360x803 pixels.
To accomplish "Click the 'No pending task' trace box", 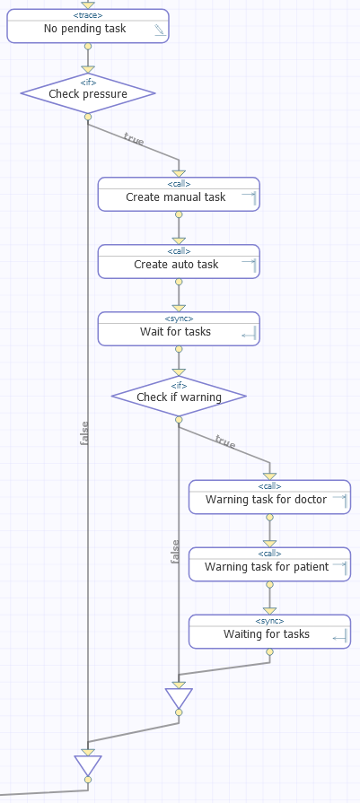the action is pos(88,26).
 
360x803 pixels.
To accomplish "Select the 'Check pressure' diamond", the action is pos(88,93).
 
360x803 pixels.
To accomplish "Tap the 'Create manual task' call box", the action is pos(179,194).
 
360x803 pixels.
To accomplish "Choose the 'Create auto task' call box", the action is pos(179,261).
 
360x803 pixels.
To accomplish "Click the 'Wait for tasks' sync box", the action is pos(179,328).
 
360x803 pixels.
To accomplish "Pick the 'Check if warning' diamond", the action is pos(179,397).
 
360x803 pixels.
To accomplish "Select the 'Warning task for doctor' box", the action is pos(269,497).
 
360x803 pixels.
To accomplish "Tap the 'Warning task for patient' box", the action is pos(269,564).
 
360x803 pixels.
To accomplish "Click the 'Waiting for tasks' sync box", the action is pos(269,632).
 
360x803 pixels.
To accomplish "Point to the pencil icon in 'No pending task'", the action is pos(161,31).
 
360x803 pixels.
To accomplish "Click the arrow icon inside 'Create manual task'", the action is pos(249,196).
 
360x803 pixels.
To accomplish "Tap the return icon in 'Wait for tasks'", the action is pos(249,335).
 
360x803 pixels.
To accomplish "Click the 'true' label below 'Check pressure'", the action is pos(133,139).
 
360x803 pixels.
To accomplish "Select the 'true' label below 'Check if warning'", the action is pos(224,441).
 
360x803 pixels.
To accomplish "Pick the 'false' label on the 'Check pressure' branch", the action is pos(84,432).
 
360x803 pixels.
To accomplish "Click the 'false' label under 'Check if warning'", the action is pos(175,552).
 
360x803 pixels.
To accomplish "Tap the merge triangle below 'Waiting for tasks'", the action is pos(179,698).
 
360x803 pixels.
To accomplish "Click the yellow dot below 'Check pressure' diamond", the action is pos(88,117).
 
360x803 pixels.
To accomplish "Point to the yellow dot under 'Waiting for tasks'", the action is pos(270,652).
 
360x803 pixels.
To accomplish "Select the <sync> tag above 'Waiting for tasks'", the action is pos(269,621).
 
